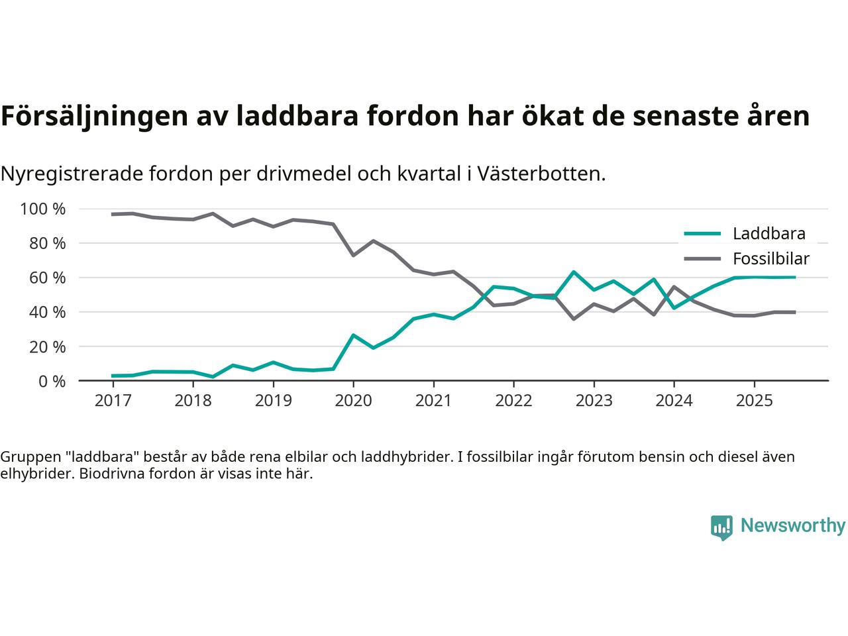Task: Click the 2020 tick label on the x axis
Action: click(353, 401)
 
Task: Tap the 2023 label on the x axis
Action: click(594, 401)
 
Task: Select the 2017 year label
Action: click(113, 401)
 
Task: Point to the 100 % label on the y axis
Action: click(43, 209)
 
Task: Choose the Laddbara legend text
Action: click(768, 234)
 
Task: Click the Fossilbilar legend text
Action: click(770, 259)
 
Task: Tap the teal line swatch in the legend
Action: click(702, 233)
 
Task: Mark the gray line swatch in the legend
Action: click(702, 258)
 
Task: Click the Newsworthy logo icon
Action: click(721, 527)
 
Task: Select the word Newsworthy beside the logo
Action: click(792, 526)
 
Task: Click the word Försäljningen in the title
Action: click(93, 116)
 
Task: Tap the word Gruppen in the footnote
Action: click(28, 457)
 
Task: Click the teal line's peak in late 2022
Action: click(574, 272)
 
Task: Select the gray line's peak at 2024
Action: click(674, 287)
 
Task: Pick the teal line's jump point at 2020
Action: click(353, 335)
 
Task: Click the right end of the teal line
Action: click(794, 277)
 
